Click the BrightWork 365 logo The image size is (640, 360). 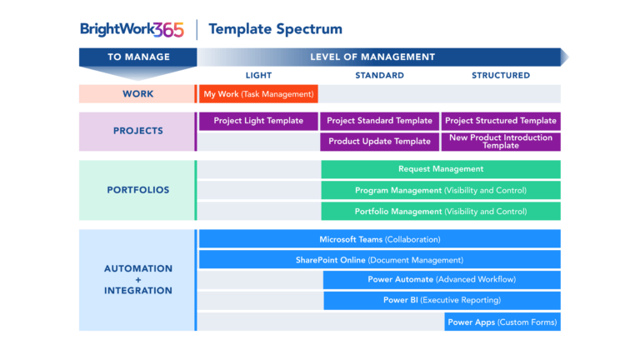pos(132,29)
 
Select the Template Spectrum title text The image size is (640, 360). pos(275,29)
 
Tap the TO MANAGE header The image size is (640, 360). pos(138,57)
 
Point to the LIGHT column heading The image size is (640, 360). pos(258,75)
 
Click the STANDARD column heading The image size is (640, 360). pos(379,75)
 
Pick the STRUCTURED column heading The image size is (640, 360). pos(501,75)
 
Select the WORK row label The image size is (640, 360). pos(137,94)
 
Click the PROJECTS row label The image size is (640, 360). pos(137,131)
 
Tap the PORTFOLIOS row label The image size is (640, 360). pos(137,190)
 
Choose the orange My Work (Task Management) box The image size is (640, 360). pos(258,94)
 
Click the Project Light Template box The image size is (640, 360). pos(258,121)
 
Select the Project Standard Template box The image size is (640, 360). pos(379,121)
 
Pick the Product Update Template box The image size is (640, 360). pos(379,142)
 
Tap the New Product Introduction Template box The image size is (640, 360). pos(501,142)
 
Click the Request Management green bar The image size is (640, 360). pos(440,169)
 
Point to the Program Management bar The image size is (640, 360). pos(440,191)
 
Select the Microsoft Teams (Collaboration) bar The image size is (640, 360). pos(379,239)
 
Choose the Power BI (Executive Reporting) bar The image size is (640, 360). pos(442,300)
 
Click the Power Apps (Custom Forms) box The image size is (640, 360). pos(502,322)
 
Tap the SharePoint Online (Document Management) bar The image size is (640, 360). pos(379,260)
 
